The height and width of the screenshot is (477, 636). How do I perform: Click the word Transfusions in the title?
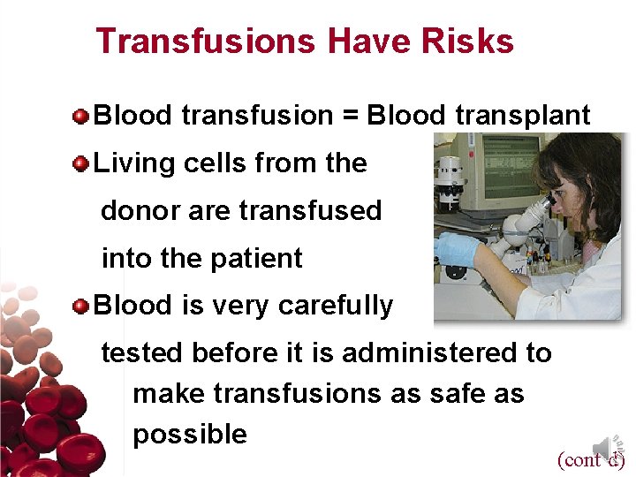click(x=206, y=42)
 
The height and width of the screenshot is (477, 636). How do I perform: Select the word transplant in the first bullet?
click(x=523, y=116)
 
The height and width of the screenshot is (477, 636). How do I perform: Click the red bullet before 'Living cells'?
click(x=81, y=163)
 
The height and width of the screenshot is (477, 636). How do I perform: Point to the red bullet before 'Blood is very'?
click(x=81, y=306)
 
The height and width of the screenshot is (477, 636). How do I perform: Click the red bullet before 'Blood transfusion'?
click(x=81, y=116)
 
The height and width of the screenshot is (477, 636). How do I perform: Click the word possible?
click(x=190, y=435)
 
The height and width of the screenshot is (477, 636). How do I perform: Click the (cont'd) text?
click(x=590, y=459)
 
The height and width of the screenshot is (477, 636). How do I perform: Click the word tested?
click(x=140, y=353)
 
